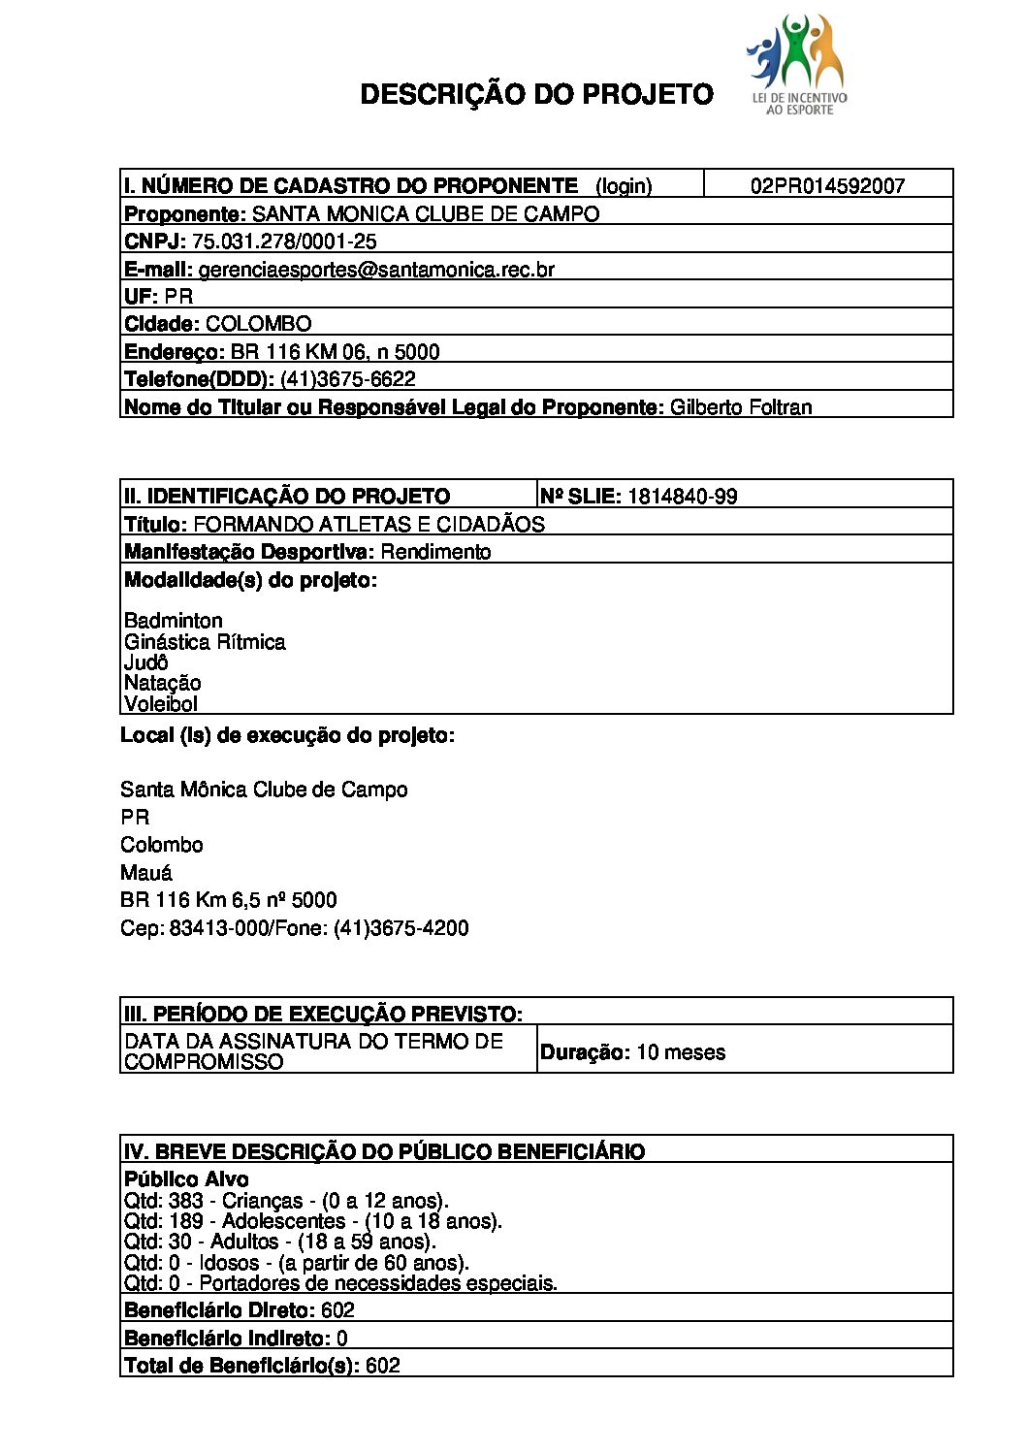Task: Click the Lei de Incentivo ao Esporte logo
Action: point(797,64)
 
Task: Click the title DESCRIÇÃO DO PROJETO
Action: point(536,94)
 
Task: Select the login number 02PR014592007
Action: point(827,186)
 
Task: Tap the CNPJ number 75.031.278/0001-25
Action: point(284,242)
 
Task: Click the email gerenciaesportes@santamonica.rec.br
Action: point(376,270)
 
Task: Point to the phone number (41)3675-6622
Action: point(347,379)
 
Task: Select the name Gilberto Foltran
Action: point(741,407)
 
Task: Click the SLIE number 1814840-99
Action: point(682,497)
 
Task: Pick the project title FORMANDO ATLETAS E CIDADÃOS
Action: point(369,525)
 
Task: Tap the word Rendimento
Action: point(435,552)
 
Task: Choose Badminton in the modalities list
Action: point(174,621)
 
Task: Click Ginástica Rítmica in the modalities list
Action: point(205,642)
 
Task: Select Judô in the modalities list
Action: point(146,662)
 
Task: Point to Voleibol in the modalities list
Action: point(161,704)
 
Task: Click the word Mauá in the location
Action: point(146,873)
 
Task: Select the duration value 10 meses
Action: point(680,1052)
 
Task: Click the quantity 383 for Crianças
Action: point(186,1201)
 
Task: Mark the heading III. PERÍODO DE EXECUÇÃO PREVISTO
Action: point(323,1015)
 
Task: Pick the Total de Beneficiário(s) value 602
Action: point(383,1366)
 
